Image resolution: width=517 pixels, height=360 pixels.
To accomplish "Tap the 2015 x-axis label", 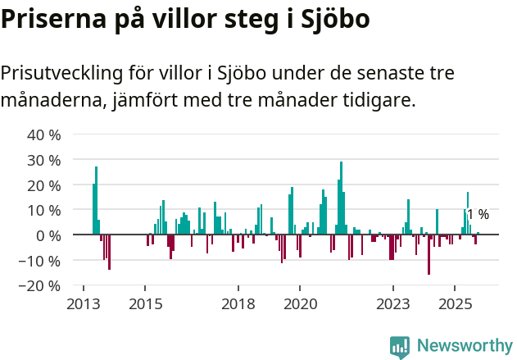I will [x=145, y=303].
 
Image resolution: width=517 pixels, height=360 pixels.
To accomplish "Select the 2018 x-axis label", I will [x=238, y=303].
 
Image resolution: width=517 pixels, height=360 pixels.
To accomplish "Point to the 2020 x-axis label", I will [x=300, y=303].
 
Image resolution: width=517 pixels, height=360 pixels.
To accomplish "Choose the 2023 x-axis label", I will [x=393, y=303].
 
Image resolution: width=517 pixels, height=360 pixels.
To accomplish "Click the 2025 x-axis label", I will [x=456, y=303].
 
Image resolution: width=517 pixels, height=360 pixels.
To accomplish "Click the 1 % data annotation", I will [x=478, y=215].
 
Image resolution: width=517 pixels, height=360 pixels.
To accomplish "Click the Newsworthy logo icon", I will [x=400, y=346].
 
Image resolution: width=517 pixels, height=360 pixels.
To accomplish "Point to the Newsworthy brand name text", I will [x=464, y=346].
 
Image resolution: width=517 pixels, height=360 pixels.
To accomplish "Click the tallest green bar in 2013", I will [x=96, y=201].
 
